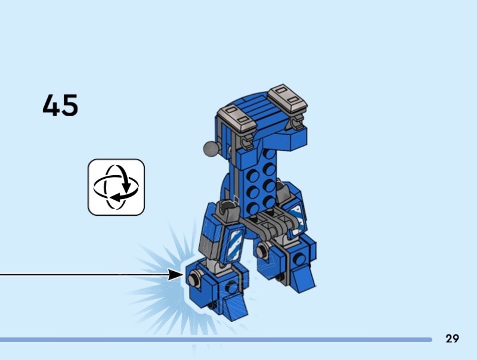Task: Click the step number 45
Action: click(x=60, y=105)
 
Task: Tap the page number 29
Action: click(x=452, y=339)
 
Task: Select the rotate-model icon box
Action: click(x=116, y=187)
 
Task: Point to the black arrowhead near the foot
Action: click(x=176, y=275)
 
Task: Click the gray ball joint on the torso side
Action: click(x=211, y=148)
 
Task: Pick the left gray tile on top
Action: click(x=236, y=117)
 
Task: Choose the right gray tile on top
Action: click(x=287, y=98)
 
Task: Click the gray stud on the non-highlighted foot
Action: click(x=262, y=251)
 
